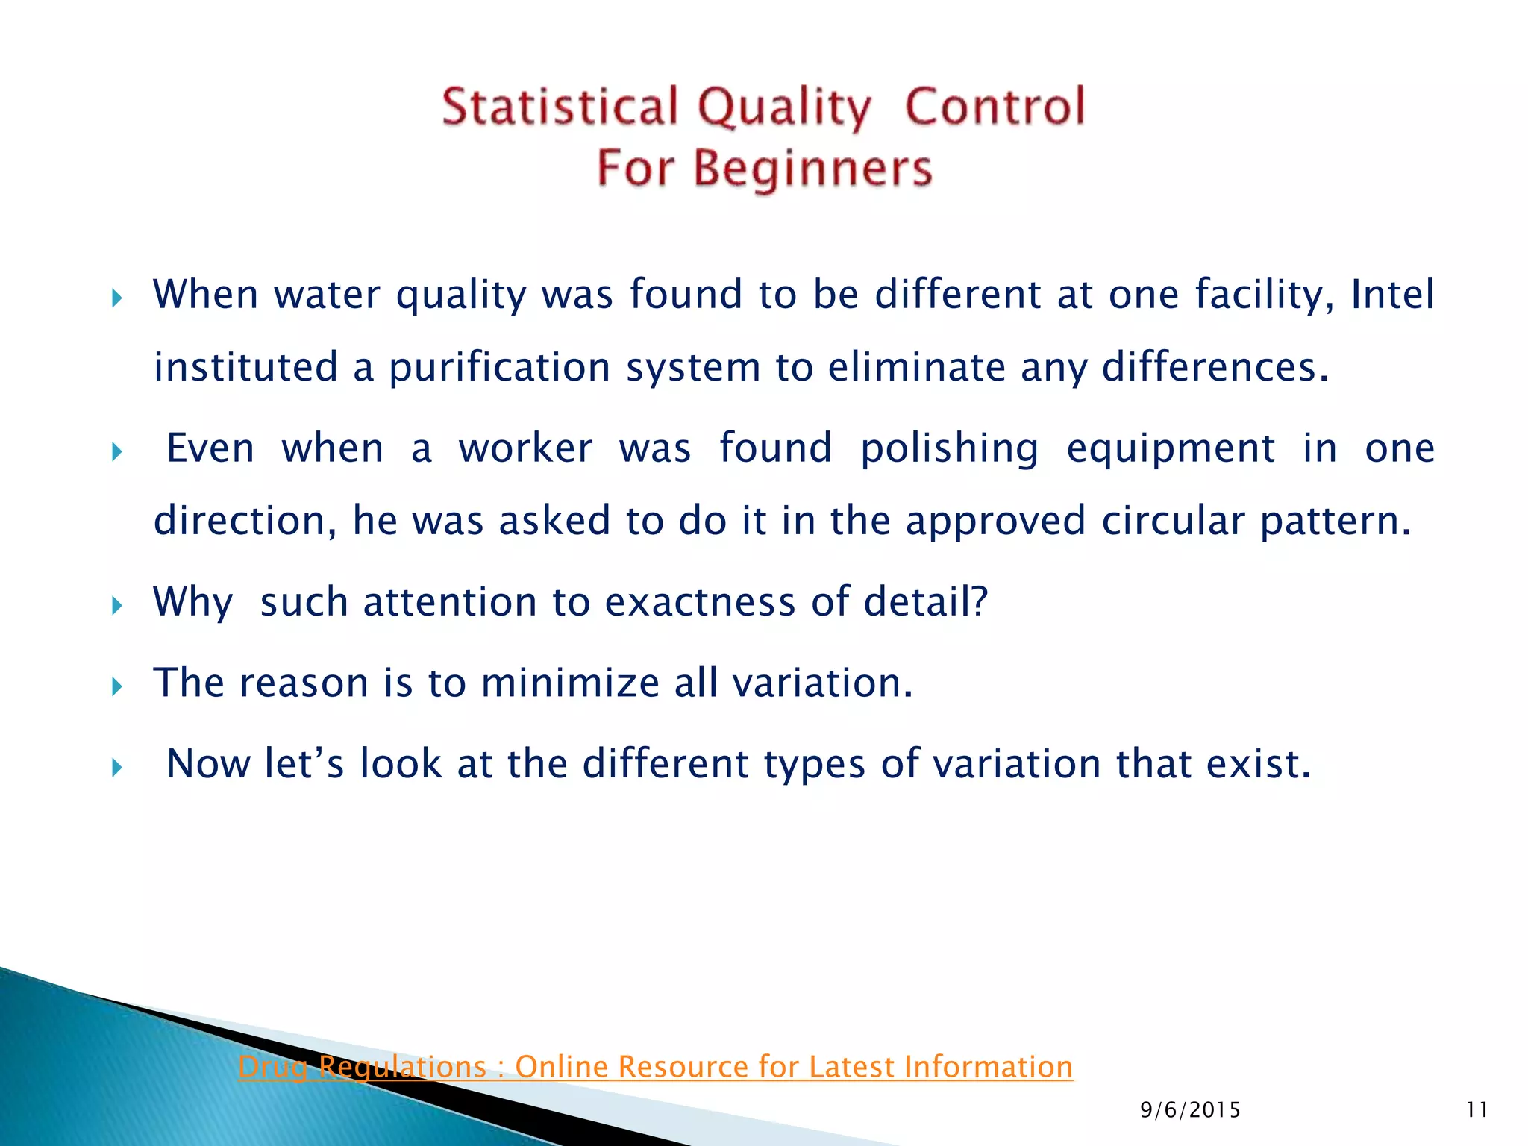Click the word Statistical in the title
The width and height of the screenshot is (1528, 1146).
(560, 107)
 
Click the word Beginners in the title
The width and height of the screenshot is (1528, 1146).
(812, 169)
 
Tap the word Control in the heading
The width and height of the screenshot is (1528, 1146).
(995, 107)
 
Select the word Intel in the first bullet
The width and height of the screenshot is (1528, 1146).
(1392, 294)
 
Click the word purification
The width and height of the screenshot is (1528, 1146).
(499, 368)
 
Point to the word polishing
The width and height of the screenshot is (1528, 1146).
(949, 449)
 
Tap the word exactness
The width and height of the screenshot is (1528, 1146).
(700, 601)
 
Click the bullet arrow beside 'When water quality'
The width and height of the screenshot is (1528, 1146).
(116, 299)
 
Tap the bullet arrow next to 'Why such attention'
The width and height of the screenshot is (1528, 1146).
(116, 605)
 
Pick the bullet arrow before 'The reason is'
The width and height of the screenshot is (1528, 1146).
(116, 686)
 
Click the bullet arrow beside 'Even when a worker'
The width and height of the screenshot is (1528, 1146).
(116, 452)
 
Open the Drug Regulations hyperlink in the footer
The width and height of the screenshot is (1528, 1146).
(655, 1067)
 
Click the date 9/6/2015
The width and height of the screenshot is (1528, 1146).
(1190, 1110)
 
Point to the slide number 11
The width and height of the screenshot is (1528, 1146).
(1477, 1110)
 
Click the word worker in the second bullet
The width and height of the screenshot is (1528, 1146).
(525, 449)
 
